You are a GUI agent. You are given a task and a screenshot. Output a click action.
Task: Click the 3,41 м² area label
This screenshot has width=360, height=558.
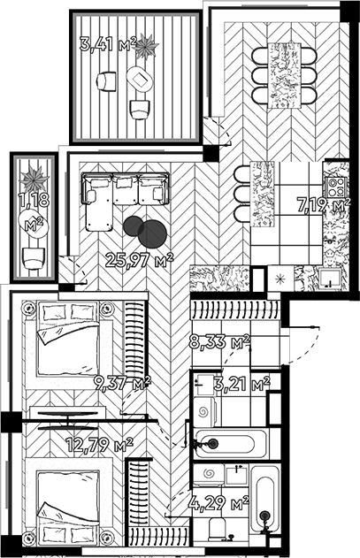point(108,45)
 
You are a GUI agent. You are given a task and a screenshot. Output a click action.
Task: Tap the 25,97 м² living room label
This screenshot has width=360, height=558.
point(139,260)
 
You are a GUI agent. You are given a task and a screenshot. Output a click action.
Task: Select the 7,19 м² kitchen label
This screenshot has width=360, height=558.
point(324,205)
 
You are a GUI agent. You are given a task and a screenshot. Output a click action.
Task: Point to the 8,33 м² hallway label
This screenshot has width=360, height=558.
point(219,342)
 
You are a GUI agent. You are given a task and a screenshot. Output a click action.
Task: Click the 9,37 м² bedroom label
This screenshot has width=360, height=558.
point(122,383)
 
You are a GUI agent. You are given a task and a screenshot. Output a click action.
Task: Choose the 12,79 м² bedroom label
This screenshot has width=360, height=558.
point(100,444)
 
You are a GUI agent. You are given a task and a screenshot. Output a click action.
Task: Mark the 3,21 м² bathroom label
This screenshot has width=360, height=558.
point(242,384)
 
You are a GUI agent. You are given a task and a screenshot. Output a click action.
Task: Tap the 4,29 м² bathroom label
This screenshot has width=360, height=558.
point(220,503)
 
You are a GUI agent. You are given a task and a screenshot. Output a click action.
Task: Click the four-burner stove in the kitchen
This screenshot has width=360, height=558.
point(336,187)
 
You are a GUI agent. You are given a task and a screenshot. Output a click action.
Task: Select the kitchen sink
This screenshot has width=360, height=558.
point(330,279)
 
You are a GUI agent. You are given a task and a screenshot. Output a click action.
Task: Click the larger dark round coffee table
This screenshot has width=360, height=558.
point(153,233)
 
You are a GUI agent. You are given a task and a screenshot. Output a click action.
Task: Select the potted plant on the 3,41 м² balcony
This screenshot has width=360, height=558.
point(146,46)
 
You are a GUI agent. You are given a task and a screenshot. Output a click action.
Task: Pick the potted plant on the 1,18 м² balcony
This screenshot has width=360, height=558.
point(34,179)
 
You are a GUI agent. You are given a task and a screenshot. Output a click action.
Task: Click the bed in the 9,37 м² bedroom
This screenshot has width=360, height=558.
point(68,339)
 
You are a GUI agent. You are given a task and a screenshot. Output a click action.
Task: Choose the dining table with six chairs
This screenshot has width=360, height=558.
point(284,75)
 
